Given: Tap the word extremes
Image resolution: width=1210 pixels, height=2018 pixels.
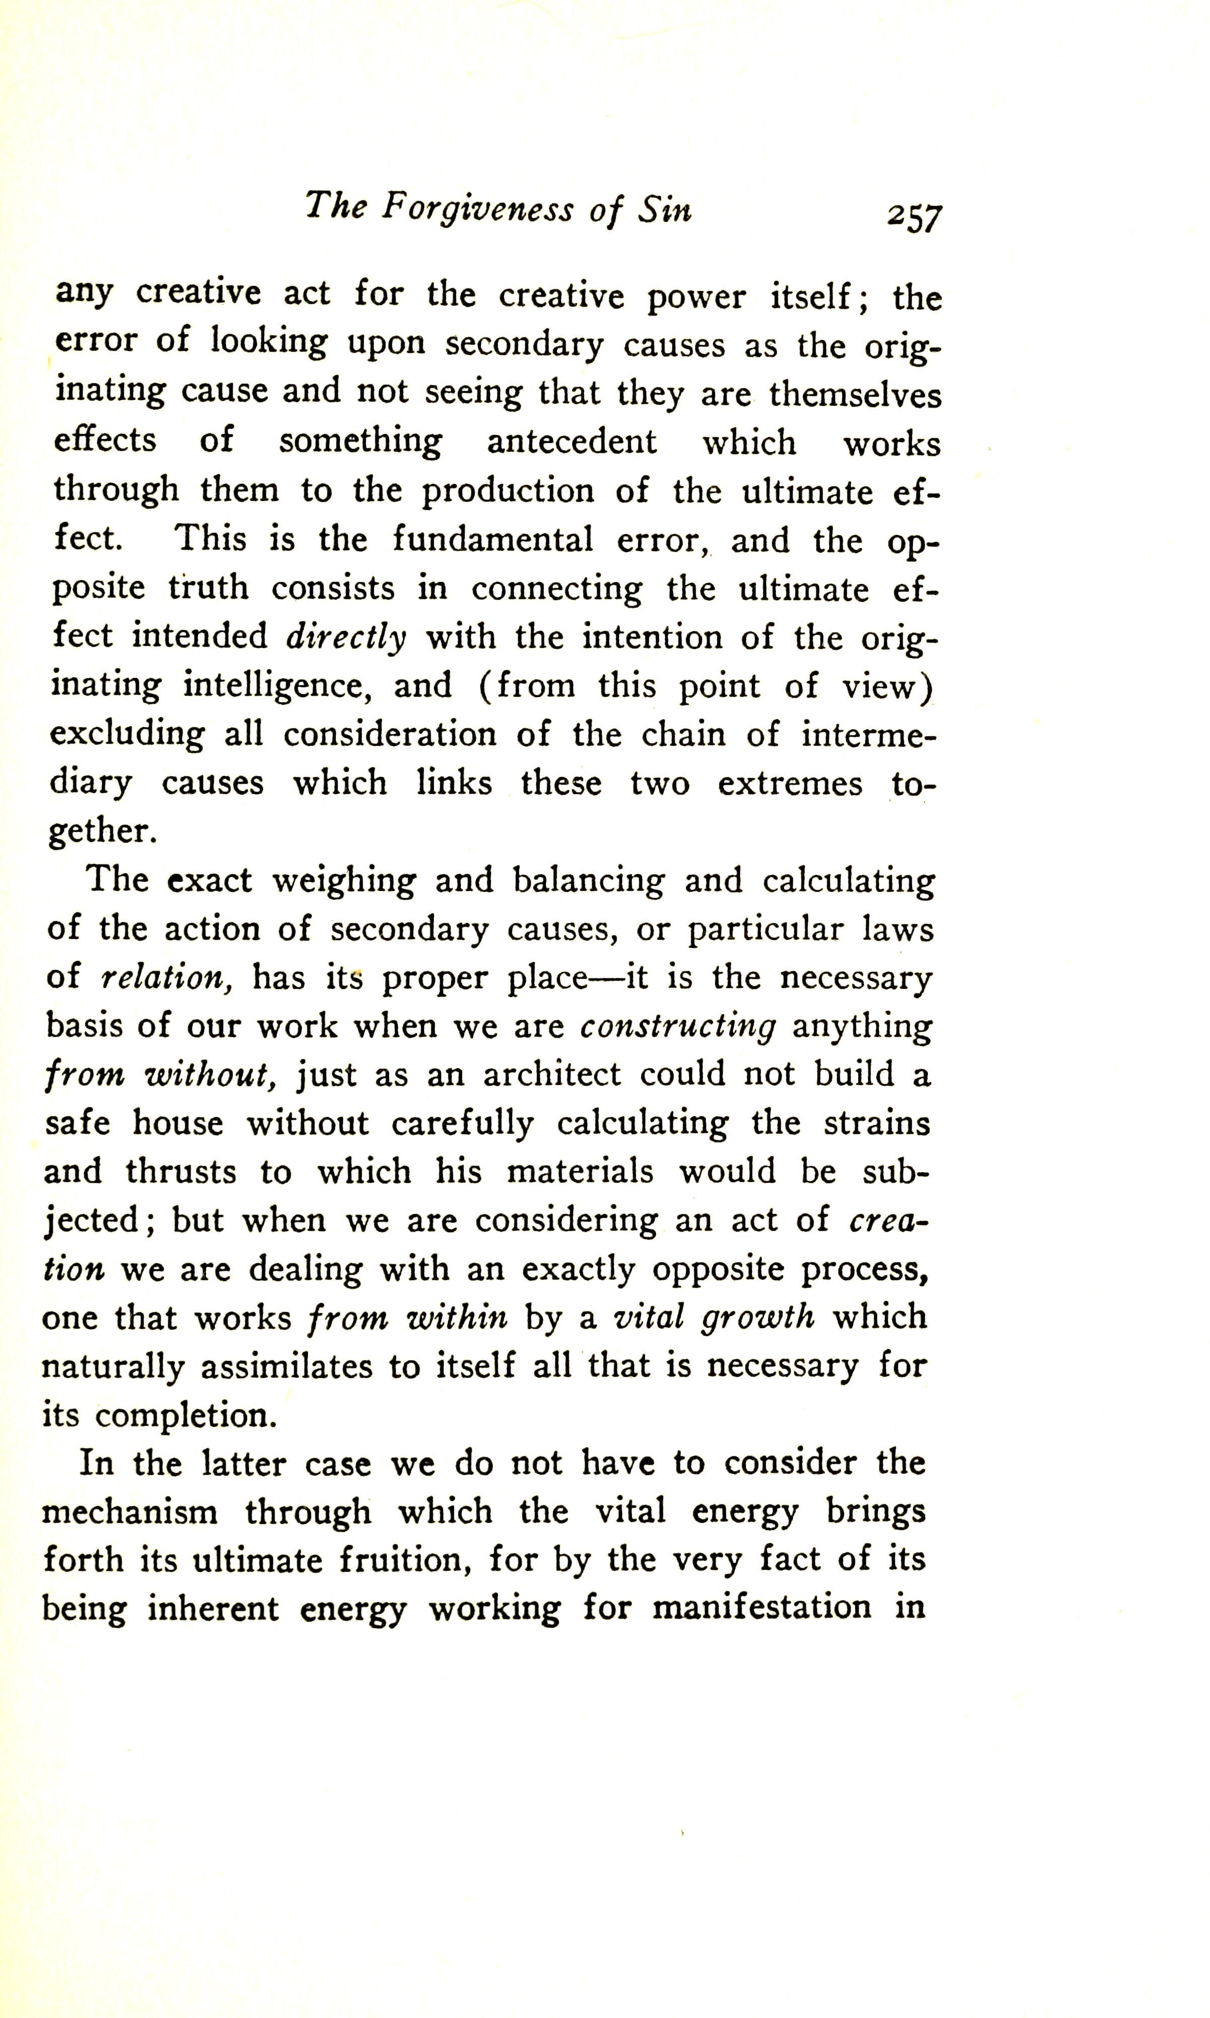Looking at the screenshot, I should tap(789, 783).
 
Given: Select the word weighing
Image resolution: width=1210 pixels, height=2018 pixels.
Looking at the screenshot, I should tap(343, 881).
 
